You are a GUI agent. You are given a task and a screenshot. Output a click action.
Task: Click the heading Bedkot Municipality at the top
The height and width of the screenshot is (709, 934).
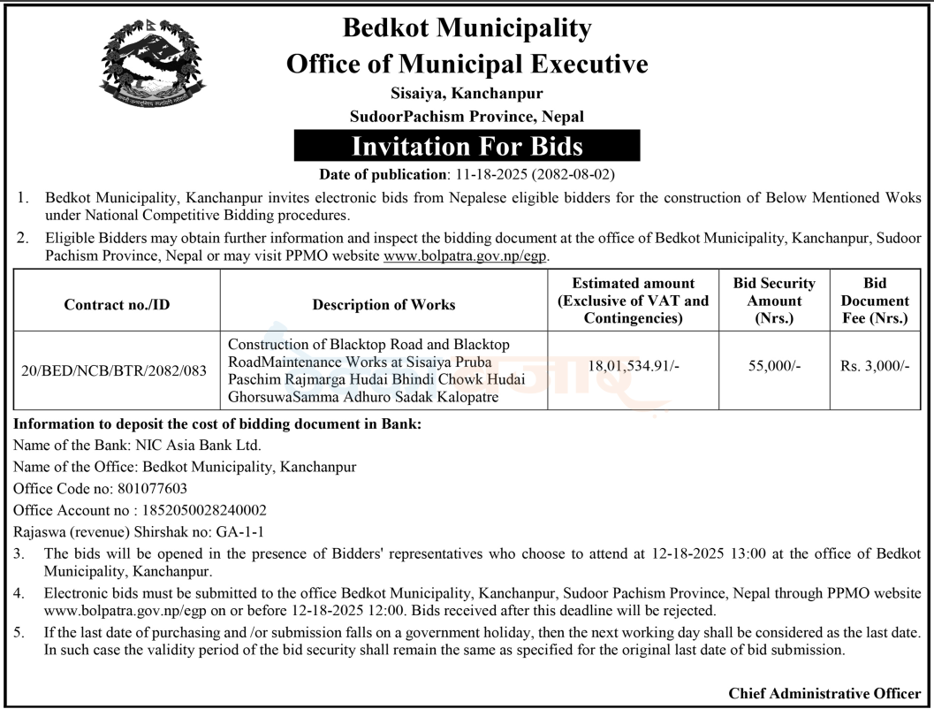467,28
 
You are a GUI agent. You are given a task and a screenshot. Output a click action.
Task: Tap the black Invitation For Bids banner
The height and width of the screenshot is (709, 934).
467,145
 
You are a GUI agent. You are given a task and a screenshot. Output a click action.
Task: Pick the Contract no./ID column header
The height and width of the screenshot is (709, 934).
117,304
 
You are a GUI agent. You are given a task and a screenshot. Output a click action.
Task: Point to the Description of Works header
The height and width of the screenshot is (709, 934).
383,304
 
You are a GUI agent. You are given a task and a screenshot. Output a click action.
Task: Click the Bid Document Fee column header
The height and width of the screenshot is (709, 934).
874,301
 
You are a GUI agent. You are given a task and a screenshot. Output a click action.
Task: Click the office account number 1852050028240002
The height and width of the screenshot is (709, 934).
203,510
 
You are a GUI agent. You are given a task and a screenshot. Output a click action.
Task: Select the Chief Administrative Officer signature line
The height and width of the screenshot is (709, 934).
824,693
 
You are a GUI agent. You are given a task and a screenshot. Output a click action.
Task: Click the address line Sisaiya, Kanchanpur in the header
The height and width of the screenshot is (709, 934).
467,92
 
